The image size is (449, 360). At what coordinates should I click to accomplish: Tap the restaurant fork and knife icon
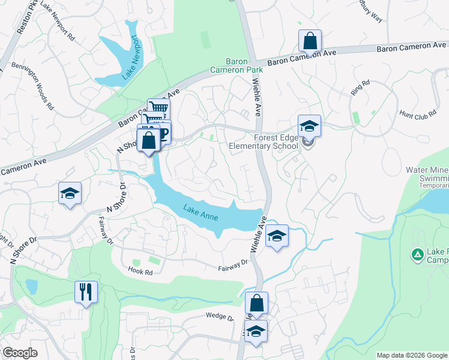pyautogui.click(x=86, y=292)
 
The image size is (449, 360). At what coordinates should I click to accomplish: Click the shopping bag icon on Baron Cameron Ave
pyautogui.click(x=310, y=42)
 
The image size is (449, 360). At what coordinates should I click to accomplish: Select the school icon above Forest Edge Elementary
pyautogui.click(x=309, y=126)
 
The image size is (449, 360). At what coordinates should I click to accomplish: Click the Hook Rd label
pyautogui.click(x=140, y=270)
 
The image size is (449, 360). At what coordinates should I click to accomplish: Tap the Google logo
pyautogui.click(x=19, y=352)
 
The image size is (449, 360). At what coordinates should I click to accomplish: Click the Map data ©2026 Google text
pyautogui.click(x=411, y=355)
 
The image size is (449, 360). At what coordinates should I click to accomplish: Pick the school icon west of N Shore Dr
pyautogui.click(x=70, y=193)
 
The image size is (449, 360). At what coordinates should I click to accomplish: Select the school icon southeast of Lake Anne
pyautogui.click(x=277, y=236)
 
